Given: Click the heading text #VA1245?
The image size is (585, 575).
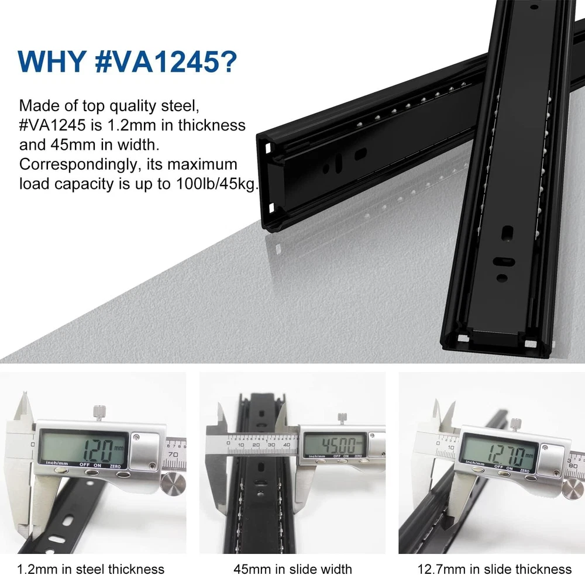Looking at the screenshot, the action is (166, 61).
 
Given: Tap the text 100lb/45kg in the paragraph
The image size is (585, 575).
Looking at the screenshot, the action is (216, 184).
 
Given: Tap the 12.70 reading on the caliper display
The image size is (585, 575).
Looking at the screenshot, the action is (508, 453).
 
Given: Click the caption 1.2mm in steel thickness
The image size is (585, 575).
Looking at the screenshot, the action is (91, 569).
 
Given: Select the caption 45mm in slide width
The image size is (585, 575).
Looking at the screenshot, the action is (293, 569).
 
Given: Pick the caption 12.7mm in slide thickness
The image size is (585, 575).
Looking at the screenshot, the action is (494, 569).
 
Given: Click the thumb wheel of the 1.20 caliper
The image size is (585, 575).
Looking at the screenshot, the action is (173, 484).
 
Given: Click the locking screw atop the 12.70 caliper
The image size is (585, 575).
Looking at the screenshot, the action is (515, 424).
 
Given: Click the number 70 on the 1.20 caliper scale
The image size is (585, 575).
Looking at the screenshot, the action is (173, 455).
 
